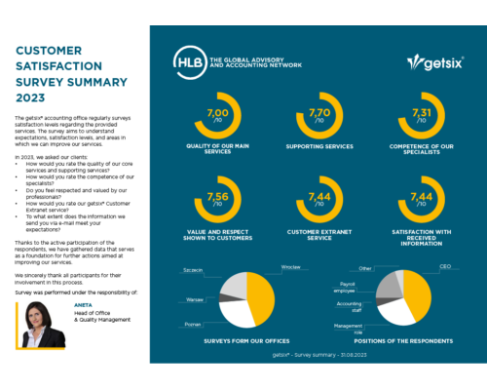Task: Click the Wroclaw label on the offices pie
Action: [x=288, y=266]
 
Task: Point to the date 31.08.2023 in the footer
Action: [x=349, y=357]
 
